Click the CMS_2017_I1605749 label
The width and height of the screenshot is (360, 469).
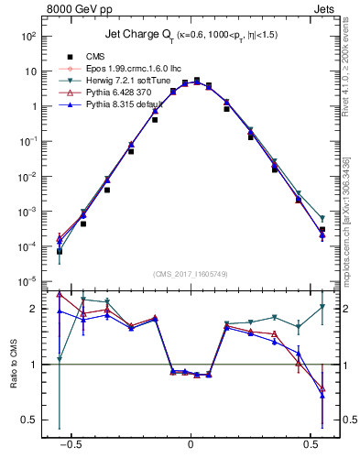click(191, 274)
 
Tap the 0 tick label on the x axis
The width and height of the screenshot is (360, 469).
click(191, 452)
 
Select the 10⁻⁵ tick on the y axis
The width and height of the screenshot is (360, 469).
click(27, 281)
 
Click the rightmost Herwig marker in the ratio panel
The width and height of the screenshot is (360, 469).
click(322, 307)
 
